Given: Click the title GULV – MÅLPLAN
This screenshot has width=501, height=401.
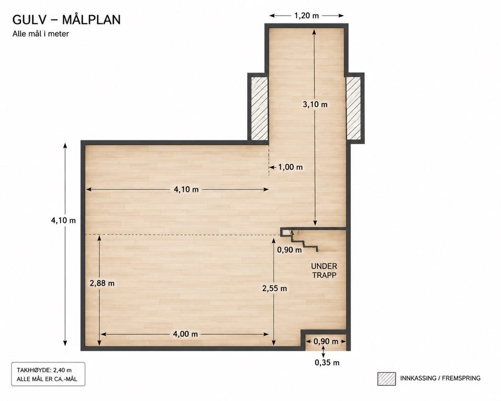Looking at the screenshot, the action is click(66, 19).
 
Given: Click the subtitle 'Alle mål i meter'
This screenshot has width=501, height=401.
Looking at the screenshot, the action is click(41, 33).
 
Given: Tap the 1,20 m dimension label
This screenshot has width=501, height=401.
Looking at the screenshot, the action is click(306, 15).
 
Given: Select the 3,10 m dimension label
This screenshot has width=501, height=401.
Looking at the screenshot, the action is click(315, 104).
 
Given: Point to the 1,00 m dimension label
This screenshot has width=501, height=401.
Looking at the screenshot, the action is click(290, 167).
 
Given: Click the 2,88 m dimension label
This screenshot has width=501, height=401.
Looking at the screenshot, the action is click(102, 283).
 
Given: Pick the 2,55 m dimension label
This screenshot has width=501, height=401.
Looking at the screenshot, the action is click(275, 288).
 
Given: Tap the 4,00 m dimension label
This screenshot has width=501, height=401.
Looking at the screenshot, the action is click(185, 334).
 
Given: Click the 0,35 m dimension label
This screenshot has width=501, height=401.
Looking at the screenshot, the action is click(327, 362).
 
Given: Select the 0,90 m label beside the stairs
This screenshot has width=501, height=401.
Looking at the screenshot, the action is click(289, 250).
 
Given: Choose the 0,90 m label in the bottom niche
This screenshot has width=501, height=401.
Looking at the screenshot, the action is click(326, 341).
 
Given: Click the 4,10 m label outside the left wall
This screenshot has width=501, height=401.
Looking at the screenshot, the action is click(63, 220).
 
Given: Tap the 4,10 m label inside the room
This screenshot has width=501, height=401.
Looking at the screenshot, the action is click(186, 190).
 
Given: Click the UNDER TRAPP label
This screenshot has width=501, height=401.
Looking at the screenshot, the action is click(324, 270).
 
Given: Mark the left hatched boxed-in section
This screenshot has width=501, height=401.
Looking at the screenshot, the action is click(259, 109).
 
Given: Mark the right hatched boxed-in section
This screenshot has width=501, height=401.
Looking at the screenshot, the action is click(354, 109).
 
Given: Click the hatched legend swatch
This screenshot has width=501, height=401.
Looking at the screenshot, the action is click(386, 379).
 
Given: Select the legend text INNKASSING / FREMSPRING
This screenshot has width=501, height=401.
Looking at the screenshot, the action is click(440, 379).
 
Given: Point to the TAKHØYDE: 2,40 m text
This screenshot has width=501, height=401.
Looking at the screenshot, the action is click(44, 370).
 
